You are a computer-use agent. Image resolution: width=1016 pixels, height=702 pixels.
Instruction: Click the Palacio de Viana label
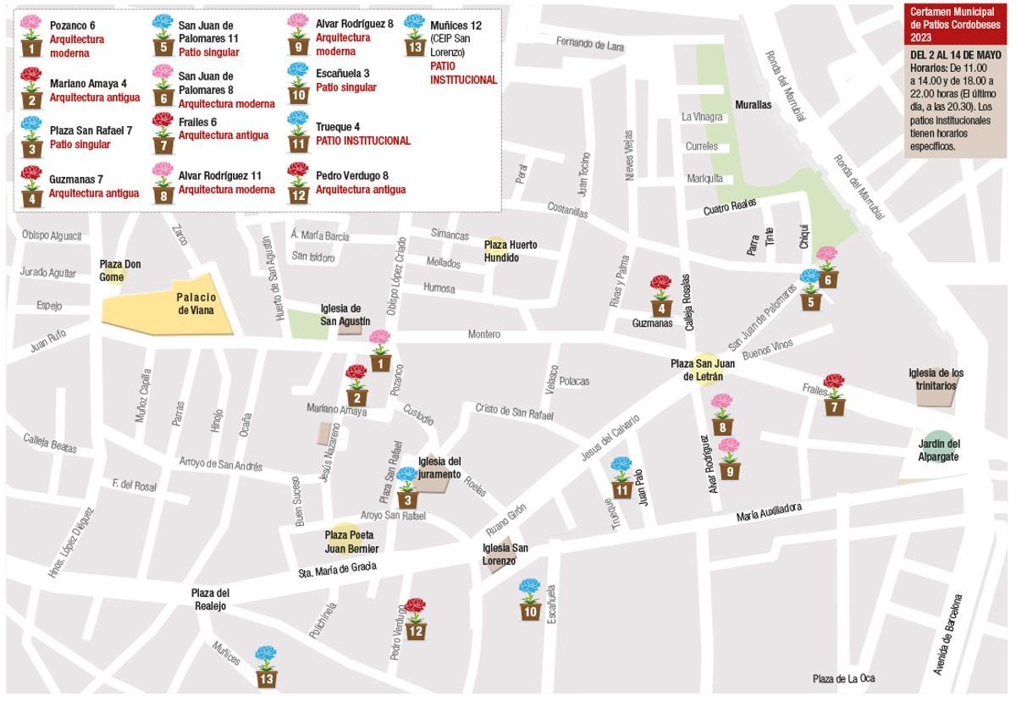click(196, 303)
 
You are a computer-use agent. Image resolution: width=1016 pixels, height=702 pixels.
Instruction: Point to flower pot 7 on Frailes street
click(834, 396)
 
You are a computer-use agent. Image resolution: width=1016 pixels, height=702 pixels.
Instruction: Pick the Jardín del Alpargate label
click(938, 450)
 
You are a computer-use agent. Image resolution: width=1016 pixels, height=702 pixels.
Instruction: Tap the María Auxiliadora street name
click(768, 511)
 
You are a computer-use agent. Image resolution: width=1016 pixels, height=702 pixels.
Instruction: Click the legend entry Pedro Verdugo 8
click(351, 176)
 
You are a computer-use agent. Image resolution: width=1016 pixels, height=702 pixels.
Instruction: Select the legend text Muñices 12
click(456, 25)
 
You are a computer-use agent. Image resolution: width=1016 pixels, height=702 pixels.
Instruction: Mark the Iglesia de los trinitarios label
click(936, 379)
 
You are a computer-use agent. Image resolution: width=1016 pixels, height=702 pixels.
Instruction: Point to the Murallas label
click(753, 105)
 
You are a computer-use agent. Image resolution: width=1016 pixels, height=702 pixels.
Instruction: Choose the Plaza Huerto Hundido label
click(510, 251)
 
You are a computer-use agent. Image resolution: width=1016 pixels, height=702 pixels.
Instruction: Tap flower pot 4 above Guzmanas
click(660, 296)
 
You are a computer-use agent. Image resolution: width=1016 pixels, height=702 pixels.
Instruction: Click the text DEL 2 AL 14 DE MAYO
click(955, 55)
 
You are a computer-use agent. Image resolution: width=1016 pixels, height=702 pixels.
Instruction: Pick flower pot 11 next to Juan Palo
click(621, 478)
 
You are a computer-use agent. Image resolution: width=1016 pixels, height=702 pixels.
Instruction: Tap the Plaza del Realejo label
click(210, 599)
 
